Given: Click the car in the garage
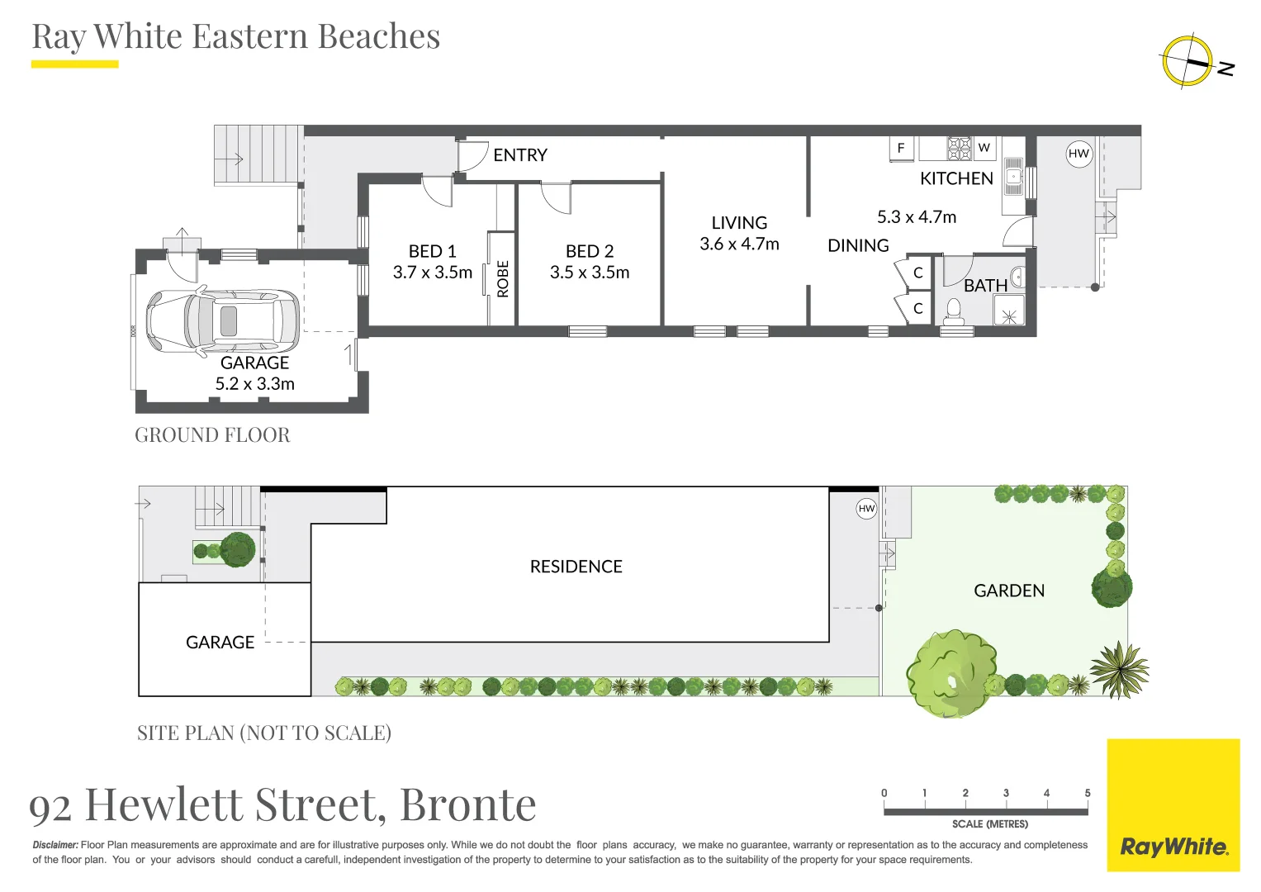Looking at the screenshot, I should (223, 320).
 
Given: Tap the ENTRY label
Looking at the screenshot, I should (519, 155).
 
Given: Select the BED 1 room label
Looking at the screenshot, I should (432, 251).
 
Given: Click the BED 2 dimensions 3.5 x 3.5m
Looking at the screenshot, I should (590, 273).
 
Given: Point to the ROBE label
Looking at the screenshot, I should (503, 278).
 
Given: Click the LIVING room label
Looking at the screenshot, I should (739, 223).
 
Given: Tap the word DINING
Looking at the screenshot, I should (858, 246).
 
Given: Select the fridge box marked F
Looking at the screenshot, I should (901, 148).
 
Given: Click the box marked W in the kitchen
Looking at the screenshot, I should (984, 148).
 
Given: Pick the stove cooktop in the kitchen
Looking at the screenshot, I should (959, 148).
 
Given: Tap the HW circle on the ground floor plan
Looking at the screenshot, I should (1078, 154).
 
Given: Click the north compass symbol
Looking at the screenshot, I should (1188, 61).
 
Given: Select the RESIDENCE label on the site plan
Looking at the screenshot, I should (576, 567).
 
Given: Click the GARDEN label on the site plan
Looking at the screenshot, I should (1009, 591).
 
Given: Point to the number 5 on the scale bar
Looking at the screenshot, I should (1087, 793).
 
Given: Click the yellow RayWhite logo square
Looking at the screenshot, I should (1173, 805).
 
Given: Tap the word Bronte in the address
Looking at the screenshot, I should (467, 804).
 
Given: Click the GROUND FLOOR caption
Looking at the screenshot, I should (212, 435).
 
